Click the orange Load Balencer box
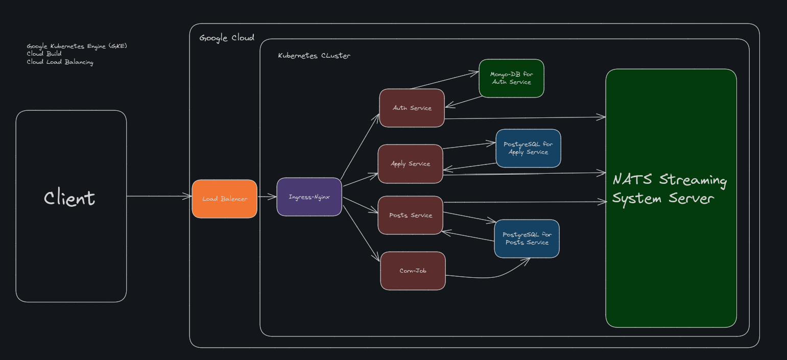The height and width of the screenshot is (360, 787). [225, 199]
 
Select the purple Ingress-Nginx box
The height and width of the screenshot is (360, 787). [309, 197]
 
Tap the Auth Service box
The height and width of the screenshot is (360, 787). [412, 108]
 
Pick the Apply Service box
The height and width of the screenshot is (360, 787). [411, 164]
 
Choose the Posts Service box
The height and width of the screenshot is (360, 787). [411, 215]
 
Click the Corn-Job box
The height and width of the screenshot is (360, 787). [413, 271]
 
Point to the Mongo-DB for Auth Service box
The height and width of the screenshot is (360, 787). [512, 78]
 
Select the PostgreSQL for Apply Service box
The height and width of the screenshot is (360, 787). [529, 148]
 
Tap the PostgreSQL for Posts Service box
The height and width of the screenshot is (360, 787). [527, 239]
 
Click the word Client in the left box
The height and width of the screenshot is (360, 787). [69, 198]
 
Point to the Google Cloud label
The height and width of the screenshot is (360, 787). [227, 38]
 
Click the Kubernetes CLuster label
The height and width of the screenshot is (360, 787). [314, 56]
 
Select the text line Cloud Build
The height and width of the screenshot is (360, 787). [44, 54]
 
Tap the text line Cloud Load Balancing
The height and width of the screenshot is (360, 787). [60, 62]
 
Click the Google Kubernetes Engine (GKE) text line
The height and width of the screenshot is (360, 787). [77, 46]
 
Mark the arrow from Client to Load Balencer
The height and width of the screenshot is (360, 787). [159, 196]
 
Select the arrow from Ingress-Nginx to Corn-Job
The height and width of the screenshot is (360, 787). [361, 233]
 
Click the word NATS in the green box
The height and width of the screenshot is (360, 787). [632, 179]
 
